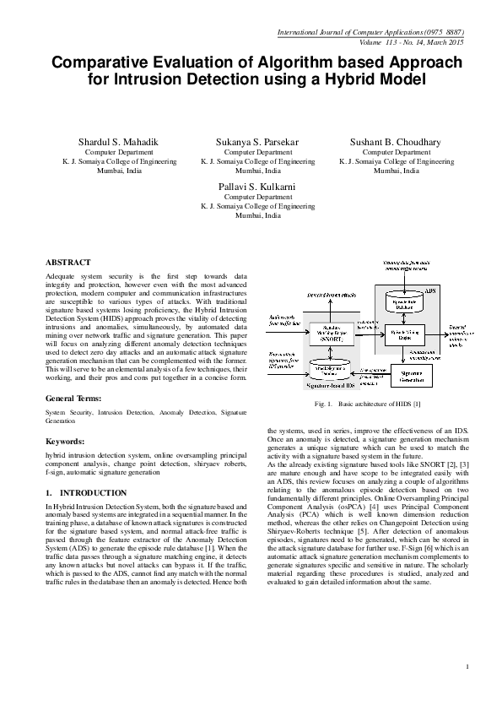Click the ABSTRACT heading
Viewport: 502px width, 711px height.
coord(67,263)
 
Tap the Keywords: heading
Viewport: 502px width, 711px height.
coord(65,442)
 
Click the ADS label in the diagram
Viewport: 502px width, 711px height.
coord(430,290)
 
